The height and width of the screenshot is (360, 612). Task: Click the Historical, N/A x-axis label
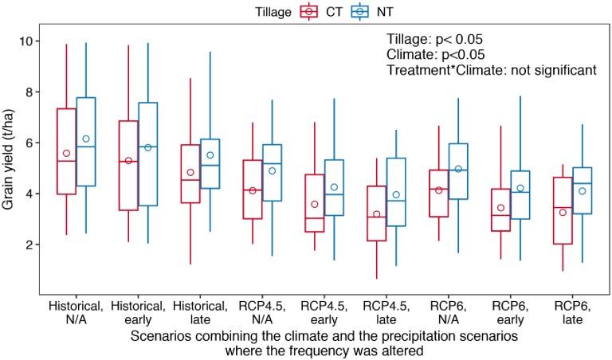76,312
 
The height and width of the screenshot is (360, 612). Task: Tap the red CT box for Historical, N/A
66,151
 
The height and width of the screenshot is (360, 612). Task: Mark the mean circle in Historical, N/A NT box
87,139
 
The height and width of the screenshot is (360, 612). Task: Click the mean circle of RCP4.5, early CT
313,205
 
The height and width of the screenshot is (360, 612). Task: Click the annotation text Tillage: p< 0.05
434,40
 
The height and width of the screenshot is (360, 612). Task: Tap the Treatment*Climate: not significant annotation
491,70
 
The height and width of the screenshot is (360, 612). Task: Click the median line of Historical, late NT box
210,165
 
